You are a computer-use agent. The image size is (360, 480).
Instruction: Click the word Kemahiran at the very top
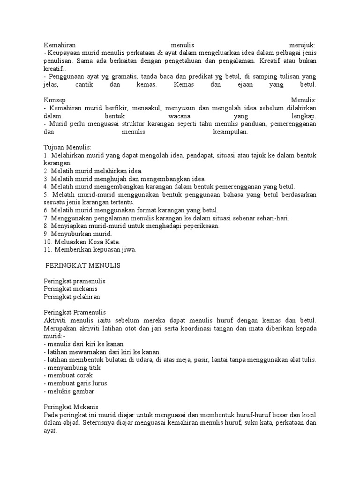[60, 45]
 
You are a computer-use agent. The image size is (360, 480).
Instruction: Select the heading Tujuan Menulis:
[67, 148]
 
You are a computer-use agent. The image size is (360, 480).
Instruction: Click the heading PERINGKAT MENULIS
[83, 265]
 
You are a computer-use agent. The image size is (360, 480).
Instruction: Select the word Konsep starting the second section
[54, 100]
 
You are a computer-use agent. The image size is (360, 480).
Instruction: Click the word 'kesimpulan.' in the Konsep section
[230, 132]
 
